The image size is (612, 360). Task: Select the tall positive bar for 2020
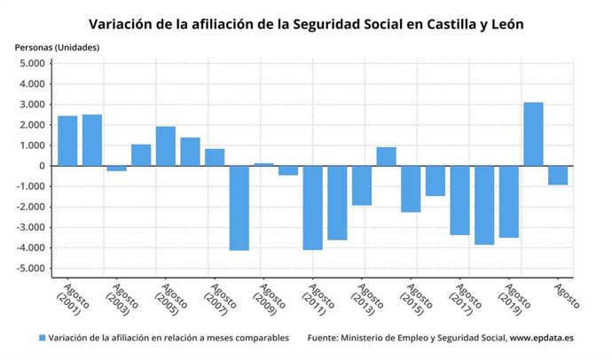[x=533, y=134]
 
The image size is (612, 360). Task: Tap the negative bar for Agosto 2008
[x=239, y=207]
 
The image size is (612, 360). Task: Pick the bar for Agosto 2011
[x=312, y=207]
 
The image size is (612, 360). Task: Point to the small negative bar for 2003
[x=116, y=168]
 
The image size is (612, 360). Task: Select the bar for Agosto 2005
[x=166, y=146]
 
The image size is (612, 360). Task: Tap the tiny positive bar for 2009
[x=263, y=164]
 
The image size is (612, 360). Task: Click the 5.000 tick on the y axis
[x=33, y=64]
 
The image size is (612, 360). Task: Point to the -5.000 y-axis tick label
[x=31, y=269]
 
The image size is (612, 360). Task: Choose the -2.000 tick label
[x=31, y=207]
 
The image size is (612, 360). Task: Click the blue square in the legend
[x=42, y=338]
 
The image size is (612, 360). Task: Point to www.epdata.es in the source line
[x=544, y=338]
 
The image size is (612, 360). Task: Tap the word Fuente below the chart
[x=325, y=338]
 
